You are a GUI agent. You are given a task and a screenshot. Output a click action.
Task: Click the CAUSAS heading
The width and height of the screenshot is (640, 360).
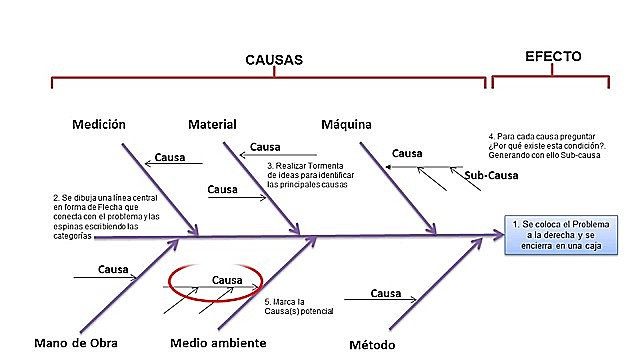coord(273,59)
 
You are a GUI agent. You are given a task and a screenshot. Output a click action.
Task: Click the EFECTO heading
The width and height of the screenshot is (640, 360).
coord(553,57)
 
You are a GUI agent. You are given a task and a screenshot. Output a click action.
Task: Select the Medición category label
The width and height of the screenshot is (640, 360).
coord(98,124)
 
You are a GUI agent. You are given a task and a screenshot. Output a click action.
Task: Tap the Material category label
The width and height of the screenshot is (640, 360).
coord(212,124)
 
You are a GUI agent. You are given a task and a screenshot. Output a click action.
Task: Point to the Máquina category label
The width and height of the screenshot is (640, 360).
coord(346,124)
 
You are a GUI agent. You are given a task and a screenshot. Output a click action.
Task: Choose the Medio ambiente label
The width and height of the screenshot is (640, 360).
coord(218,343)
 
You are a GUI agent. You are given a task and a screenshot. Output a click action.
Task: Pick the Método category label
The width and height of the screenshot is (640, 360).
coord(372,344)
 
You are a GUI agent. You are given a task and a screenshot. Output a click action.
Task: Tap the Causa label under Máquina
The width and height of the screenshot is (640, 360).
coord(406,153)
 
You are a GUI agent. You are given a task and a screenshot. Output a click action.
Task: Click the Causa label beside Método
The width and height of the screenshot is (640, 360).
coord(386,293)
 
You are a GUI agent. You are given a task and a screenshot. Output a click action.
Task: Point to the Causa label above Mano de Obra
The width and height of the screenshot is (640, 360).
coord(114,269)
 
